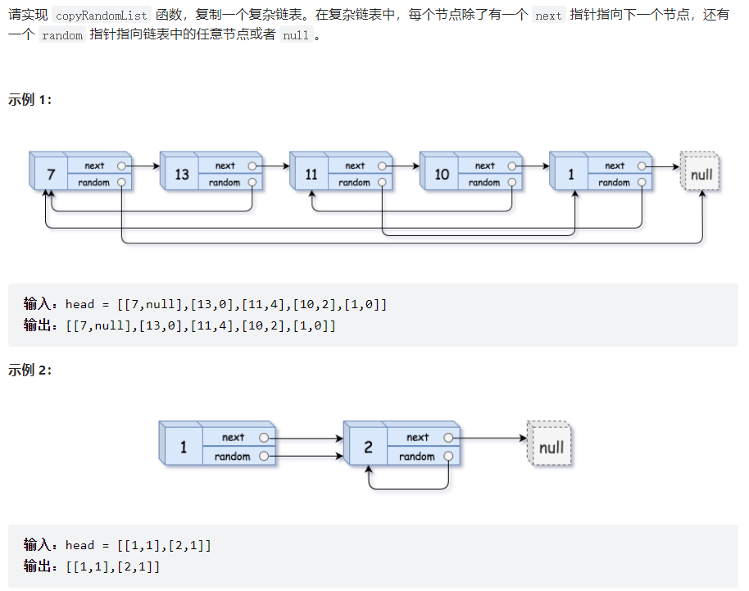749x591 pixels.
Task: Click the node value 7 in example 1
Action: pyautogui.click(x=51, y=175)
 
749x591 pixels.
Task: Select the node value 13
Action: pyautogui.click(x=182, y=175)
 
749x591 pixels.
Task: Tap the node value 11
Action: pyautogui.click(x=311, y=175)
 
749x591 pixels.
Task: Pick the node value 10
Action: pyautogui.click(x=442, y=175)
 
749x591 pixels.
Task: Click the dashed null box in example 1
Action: pyautogui.click(x=701, y=174)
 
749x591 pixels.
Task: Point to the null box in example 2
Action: pyautogui.click(x=551, y=448)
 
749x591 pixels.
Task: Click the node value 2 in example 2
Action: pyautogui.click(x=368, y=448)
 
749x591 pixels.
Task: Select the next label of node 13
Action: pyautogui.click(x=225, y=166)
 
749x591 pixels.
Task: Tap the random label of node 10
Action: pyautogui.click(x=483, y=183)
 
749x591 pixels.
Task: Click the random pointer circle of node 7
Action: pyautogui.click(x=121, y=182)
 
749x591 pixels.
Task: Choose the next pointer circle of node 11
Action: pyautogui.click(x=382, y=166)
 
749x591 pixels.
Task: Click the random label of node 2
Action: pyautogui.click(x=416, y=457)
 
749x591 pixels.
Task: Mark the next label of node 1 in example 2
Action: pyautogui.click(x=233, y=438)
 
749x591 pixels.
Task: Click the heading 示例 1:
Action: pyautogui.click(x=30, y=99)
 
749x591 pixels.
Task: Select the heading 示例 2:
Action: pyautogui.click(x=30, y=371)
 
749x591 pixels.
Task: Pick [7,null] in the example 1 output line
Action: pyautogui.click(x=103, y=325)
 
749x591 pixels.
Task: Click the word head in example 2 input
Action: pyautogui.click(x=79, y=545)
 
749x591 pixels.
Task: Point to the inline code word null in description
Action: pyautogui.click(x=295, y=37)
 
